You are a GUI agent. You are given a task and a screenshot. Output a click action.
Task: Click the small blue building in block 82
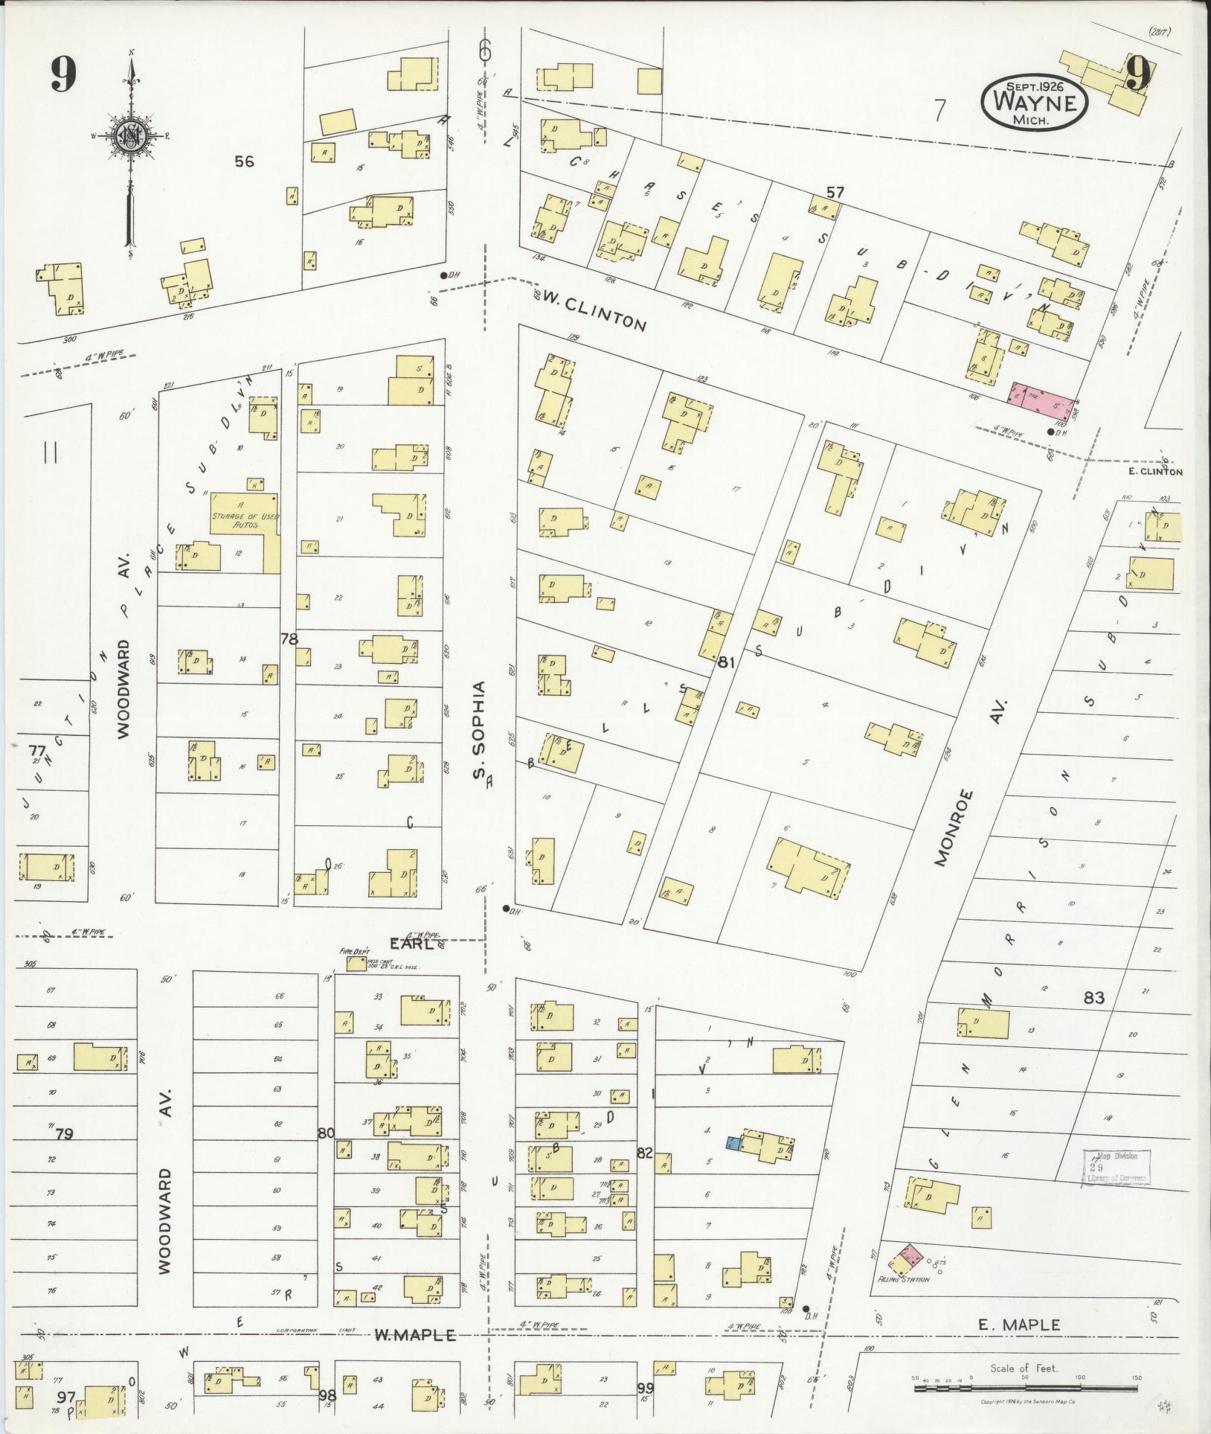point(733,1144)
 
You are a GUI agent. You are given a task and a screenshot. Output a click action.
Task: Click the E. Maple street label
point(1018,1324)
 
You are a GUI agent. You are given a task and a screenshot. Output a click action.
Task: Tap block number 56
point(244,161)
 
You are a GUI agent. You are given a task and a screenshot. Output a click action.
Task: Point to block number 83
point(1093,998)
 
